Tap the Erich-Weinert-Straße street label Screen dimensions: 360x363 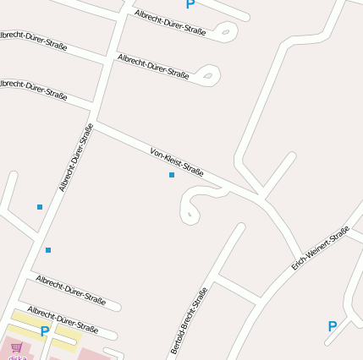click(x=321, y=248)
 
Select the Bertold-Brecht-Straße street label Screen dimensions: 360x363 click(x=189, y=320)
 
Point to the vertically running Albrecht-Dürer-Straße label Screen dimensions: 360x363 click(x=76, y=157)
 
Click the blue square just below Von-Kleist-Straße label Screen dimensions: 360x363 click(x=172, y=175)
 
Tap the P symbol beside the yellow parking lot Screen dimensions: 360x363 click(x=44, y=331)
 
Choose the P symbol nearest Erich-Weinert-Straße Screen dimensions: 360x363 click(x=332, y=326)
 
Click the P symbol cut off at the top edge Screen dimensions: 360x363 click(x=190, y=4)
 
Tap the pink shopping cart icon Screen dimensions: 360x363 click(x=17, y=346)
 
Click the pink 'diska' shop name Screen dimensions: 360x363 click(x=17, y=357)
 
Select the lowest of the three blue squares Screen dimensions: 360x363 click(x=48, y=250)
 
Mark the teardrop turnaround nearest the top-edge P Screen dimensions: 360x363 click(x=225, y=33)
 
